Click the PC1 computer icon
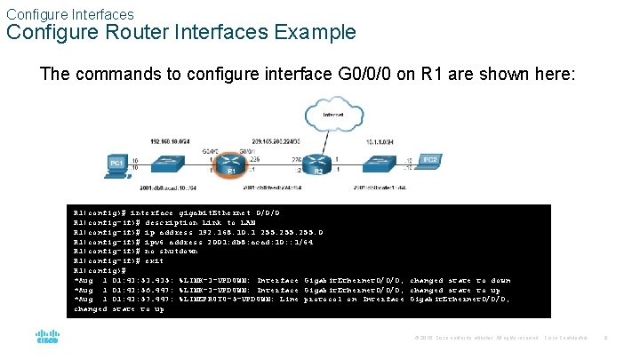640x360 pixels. coord(116,163)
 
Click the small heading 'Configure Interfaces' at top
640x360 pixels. coord(69,14)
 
